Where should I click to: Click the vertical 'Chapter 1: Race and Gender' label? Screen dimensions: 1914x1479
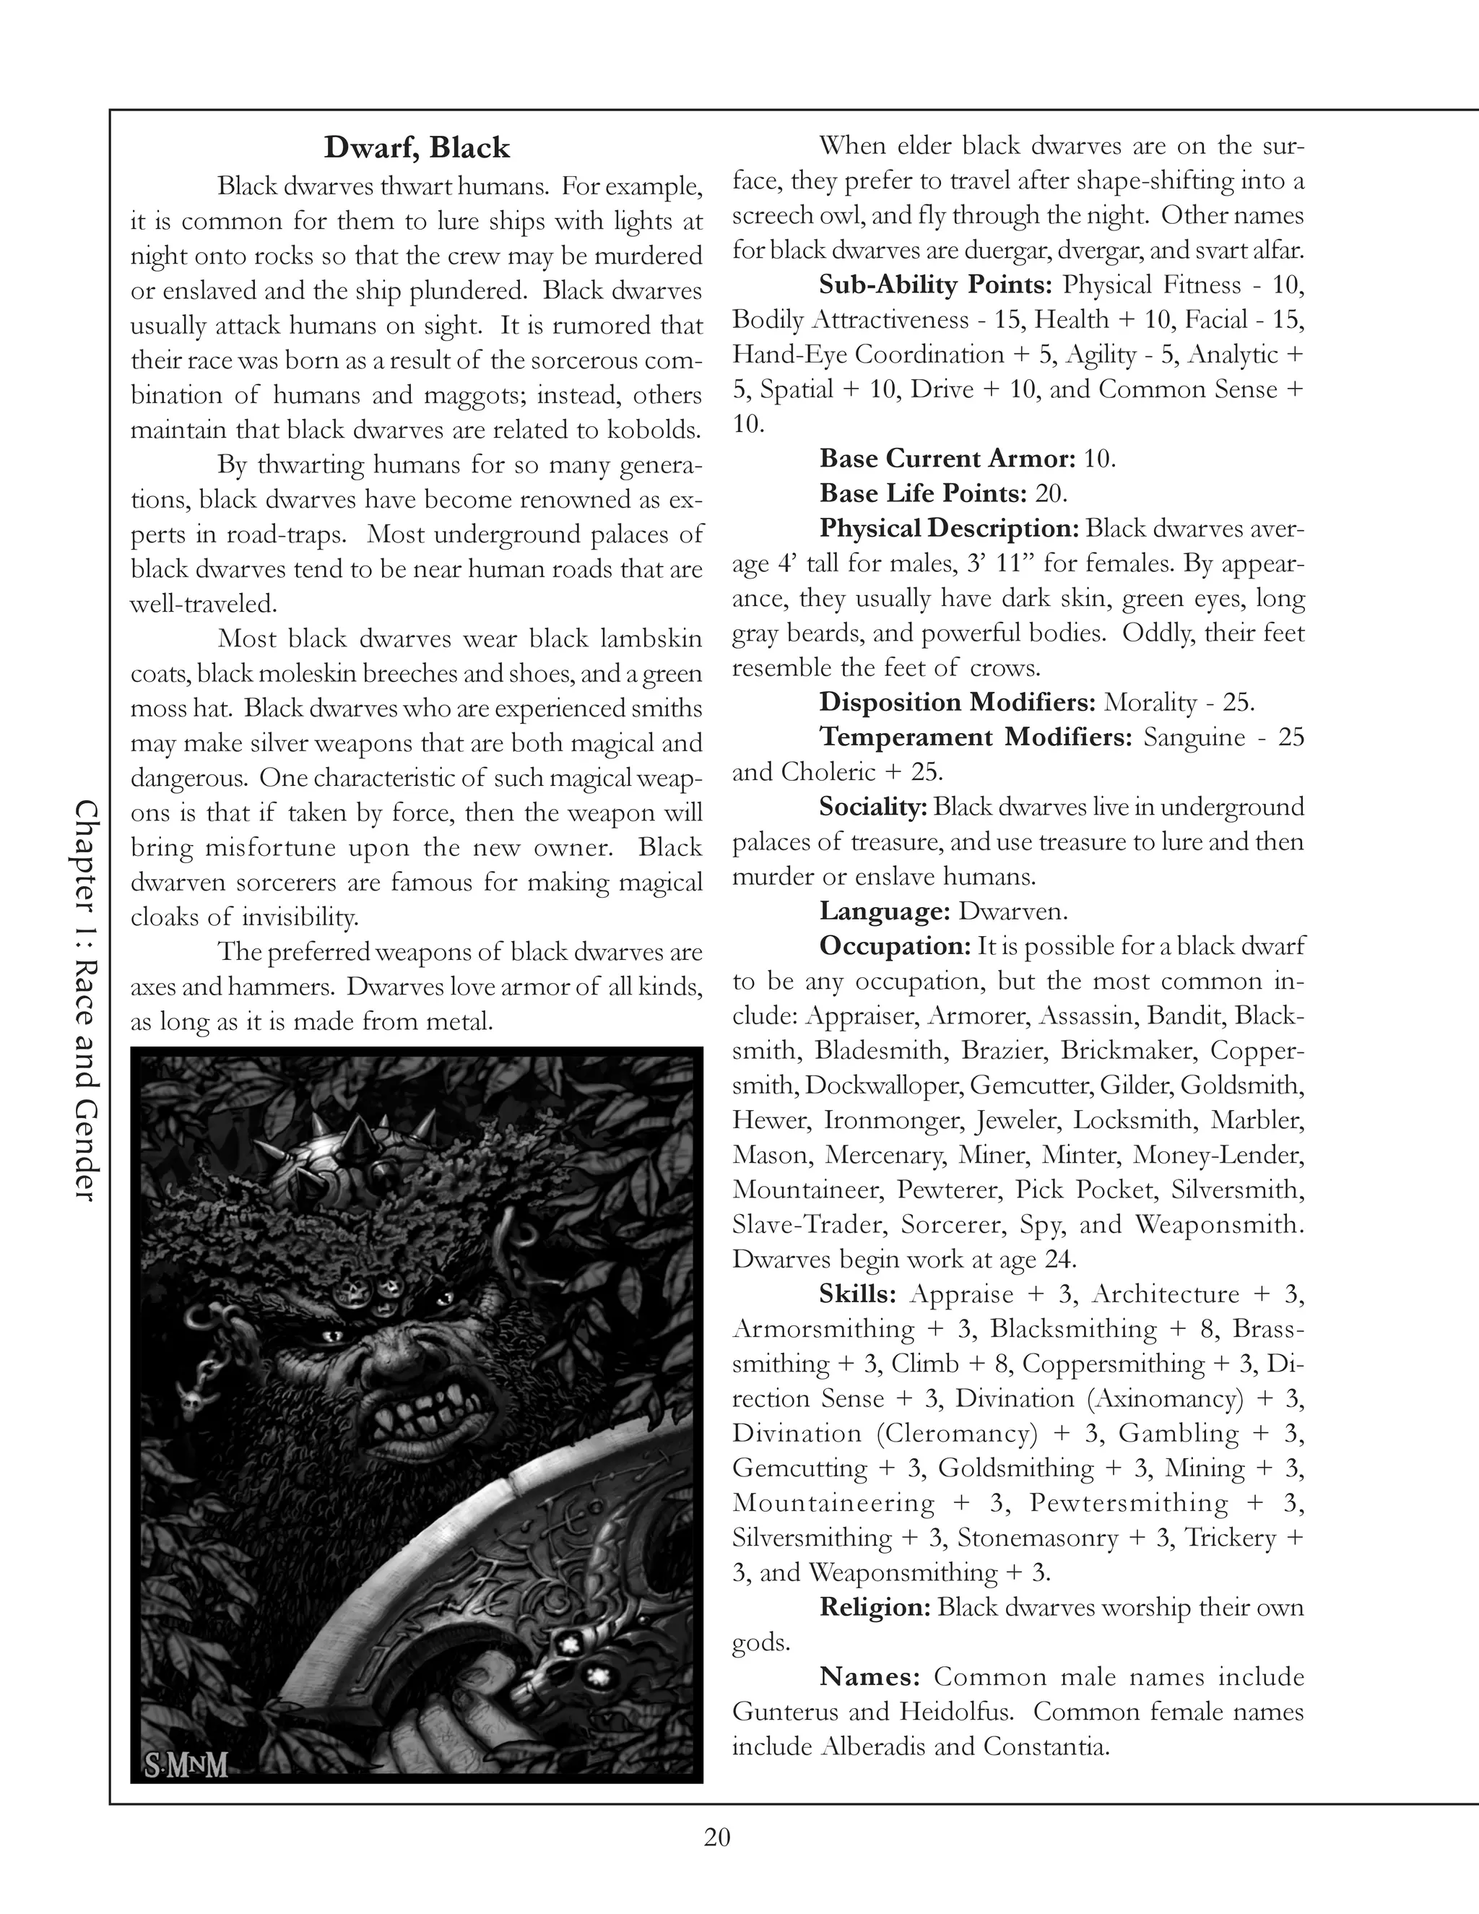point(87,999)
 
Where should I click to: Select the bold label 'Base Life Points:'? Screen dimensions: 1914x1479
point(921,493)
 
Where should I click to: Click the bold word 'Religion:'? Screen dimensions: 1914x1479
point(875,1606)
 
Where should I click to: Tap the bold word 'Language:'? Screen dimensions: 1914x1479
point(884,911)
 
